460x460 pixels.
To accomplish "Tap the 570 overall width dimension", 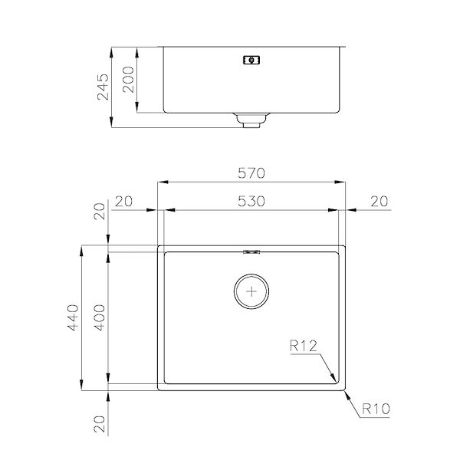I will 251,174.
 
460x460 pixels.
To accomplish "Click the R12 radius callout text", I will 305,347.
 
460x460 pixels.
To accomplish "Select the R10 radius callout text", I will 376,409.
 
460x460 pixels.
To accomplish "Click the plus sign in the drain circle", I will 251,290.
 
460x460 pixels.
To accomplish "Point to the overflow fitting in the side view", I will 251,59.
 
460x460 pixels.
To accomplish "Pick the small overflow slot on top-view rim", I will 251,250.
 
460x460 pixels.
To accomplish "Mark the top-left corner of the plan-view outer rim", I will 158,246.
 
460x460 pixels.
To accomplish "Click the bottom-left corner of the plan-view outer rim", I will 158,390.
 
